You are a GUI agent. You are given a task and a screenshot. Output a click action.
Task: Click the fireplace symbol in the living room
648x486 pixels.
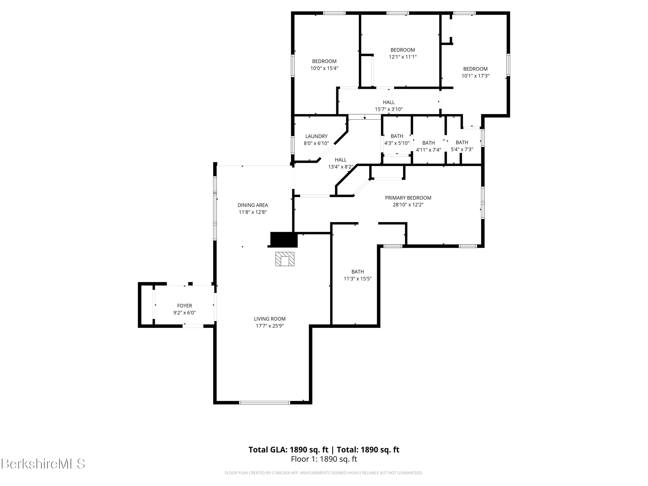tap(284, 259)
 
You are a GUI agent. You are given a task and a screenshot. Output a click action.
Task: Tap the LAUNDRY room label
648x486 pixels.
tap(316, 136)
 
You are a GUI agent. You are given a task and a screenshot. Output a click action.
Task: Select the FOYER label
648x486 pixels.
tap(184, 306)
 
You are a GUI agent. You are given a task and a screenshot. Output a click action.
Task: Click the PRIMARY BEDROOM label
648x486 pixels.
tap(408, 198)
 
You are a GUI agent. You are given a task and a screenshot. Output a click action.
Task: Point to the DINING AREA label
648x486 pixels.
tap(253, 205)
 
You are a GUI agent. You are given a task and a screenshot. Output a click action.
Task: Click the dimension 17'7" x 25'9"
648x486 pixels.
tap(270, 326)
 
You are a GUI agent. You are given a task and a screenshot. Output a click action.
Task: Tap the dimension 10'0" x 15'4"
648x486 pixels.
tap(324, 68)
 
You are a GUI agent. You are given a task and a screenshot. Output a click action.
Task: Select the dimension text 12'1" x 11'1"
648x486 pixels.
tap(402, 57)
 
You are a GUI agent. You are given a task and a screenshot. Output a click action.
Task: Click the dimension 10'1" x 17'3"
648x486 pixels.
tap(475, 76)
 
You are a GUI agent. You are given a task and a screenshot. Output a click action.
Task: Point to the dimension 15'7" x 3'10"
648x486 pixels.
tap(389, 109)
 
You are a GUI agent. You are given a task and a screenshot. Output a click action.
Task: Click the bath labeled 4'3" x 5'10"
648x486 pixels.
tap(397, 143)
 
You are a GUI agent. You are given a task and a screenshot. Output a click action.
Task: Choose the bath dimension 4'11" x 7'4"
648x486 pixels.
tap(429, 150)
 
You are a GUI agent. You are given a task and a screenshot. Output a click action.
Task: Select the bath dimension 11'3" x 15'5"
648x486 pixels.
tap(358, 279)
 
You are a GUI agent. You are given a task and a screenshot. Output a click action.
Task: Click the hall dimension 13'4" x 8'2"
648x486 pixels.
tap(341, 167)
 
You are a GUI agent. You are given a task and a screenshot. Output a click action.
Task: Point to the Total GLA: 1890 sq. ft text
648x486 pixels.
tap(289, 450)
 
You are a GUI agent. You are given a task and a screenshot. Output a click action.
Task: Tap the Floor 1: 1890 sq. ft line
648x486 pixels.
tap(324, 459)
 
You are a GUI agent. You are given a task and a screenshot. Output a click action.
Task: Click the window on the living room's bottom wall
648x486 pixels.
tap(265, 402)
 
